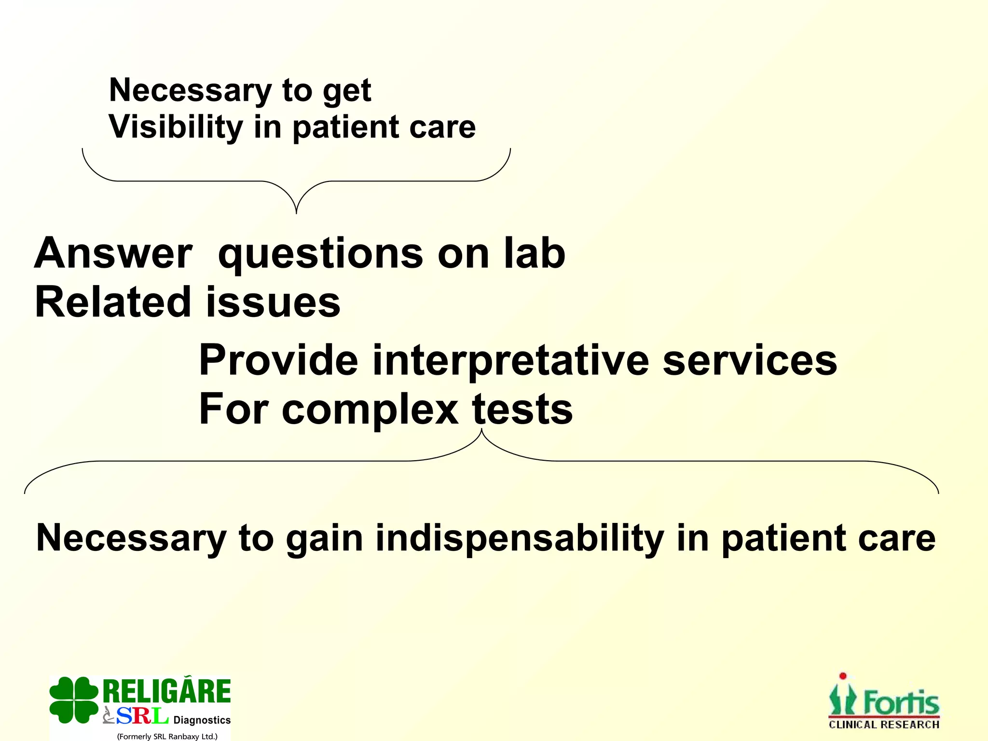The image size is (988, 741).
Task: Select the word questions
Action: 320,255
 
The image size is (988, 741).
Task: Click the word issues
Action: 273,302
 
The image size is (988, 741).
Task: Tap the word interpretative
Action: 510,361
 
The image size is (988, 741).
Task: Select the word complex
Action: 370,410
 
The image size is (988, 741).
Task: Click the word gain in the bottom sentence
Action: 324,539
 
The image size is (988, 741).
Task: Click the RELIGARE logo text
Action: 167,691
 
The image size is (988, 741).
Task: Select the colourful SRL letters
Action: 142,716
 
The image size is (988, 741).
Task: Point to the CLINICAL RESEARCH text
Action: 884,725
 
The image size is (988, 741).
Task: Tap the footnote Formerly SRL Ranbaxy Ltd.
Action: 167,736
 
